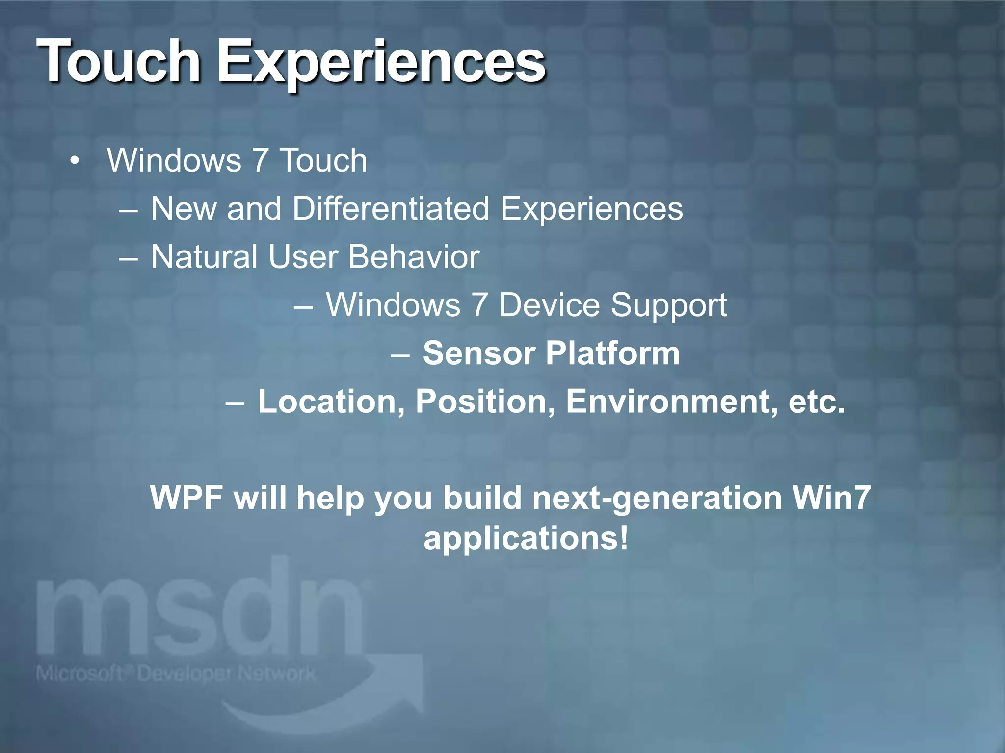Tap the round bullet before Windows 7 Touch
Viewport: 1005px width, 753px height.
[x=74, y=161]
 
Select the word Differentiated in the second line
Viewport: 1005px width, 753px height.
[x=391, y=208]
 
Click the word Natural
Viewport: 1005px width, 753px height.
[x=204, y=256]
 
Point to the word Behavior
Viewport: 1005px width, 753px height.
[x=413, y=256]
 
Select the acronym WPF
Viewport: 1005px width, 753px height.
[x=186, y=498]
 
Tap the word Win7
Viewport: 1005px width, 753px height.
[x=831, y=498]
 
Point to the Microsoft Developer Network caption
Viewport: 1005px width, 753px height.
[x=175, y=674]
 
